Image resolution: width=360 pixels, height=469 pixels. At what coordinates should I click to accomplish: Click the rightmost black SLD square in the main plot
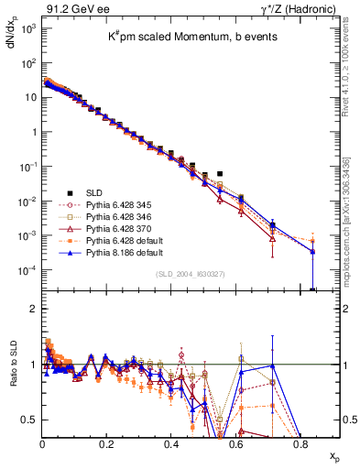(x=220, y=172)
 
